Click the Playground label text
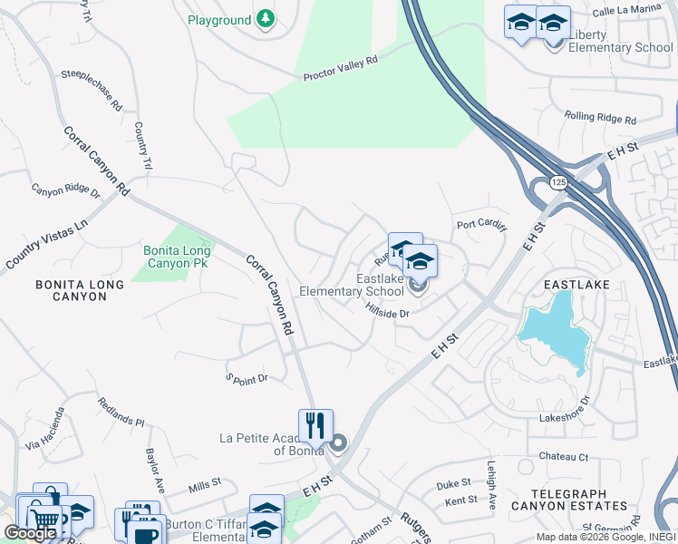tap(219, 20)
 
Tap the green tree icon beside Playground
tap(265, 19)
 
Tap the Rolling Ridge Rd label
tap(600, 117)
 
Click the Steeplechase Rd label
tap(92, 90)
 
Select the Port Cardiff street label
tap(481, 226)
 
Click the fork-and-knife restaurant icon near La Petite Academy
tap(315, 425)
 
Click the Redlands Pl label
tap(121, 414)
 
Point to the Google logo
tap(30, 533)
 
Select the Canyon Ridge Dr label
tap(66, 189)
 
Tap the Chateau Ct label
tap(564, 457)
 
